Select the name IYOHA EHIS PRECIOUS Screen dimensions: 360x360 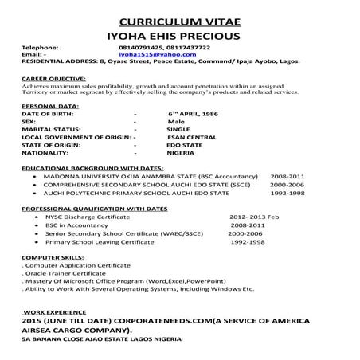coord(179,36)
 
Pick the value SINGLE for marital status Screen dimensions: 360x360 coord(178,129)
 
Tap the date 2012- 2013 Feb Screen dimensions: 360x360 coord(253,217)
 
